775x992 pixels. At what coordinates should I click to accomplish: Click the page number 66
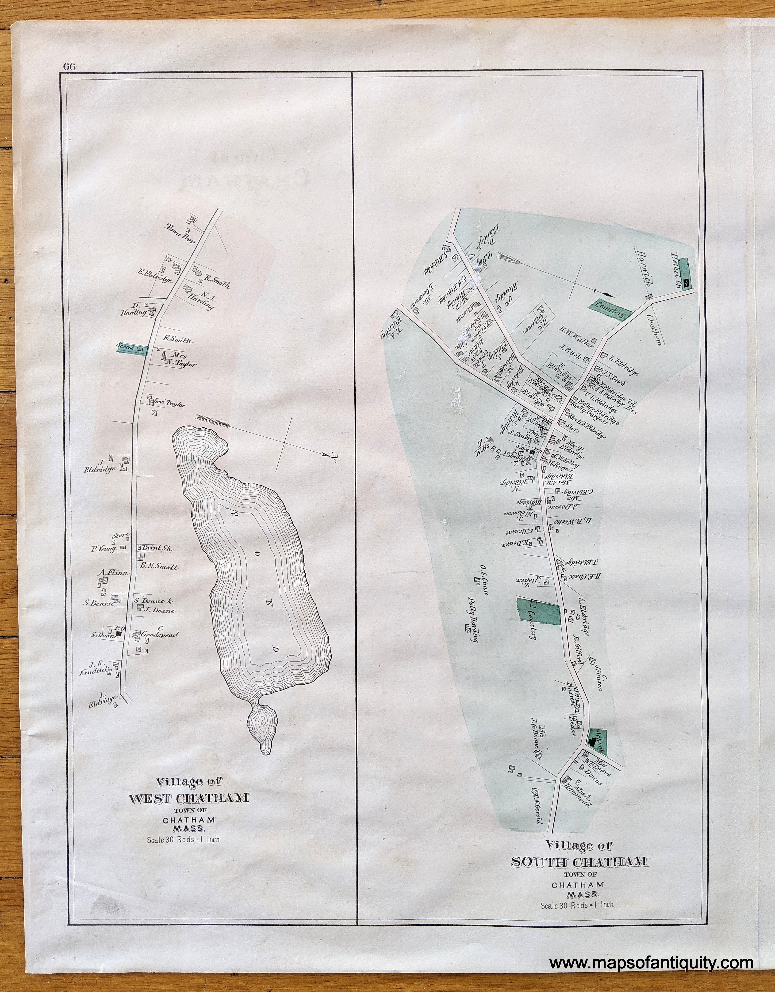tap(70, 66)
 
